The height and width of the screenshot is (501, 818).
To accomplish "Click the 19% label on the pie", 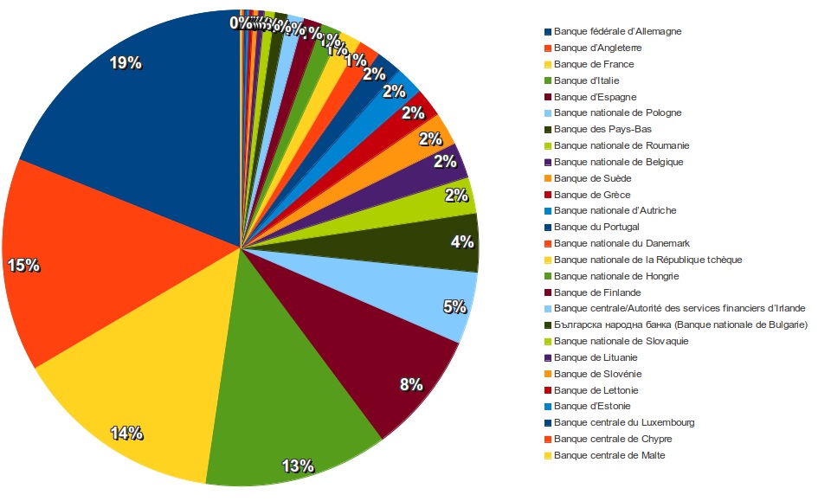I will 126,62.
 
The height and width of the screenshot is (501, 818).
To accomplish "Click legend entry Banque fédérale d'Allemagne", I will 617,31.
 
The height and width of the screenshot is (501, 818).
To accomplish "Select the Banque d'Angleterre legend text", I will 597,48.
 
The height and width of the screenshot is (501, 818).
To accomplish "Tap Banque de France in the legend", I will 593,64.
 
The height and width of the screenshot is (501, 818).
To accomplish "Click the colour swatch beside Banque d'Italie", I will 547,80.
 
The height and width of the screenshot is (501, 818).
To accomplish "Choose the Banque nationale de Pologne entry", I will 617,112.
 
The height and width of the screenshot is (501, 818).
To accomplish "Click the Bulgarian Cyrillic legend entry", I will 680,324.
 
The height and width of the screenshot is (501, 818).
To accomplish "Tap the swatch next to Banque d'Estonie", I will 547,406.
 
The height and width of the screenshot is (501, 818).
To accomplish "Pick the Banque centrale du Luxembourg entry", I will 623,422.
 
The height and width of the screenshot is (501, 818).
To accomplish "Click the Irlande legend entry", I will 680,308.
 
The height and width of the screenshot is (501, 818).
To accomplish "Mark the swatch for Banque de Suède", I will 547,178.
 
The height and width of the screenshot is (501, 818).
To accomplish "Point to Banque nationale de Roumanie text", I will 622,145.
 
